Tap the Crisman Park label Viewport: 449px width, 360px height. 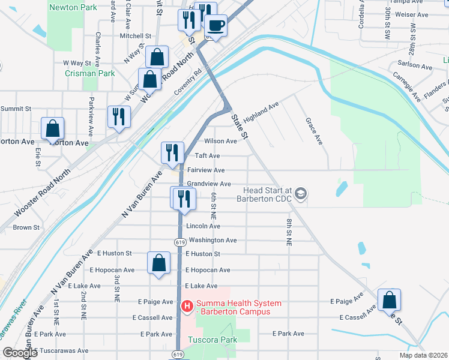coord(89,73)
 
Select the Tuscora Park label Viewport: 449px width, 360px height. coord(214,340)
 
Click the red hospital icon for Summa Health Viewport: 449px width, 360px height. coord(187,307)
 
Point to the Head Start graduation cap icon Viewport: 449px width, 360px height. coord(301,193)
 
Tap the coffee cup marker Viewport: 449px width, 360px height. coord(215,26)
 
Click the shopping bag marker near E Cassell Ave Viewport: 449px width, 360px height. coord(389,299)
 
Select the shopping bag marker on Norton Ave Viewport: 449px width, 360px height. coord(53,128)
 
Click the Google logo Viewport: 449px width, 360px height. coord(19,353)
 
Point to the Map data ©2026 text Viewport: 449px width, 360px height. coord(423,355)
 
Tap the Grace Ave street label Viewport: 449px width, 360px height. coord(315,131)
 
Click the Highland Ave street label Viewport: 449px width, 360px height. coord(261,112)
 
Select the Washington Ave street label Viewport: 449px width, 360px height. coord(212,240)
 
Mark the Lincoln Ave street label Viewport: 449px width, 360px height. coord(203,226)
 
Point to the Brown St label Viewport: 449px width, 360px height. coord(26,227)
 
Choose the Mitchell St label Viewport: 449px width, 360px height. coord(135,36)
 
